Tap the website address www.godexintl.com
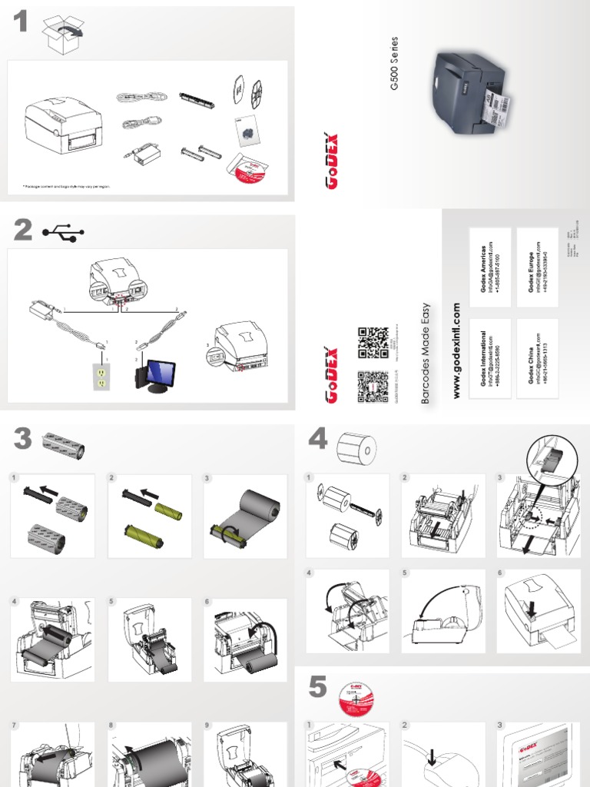click(x=456, y=350)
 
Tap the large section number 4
click(x=317, y=440)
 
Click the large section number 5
click(x=317, y=689)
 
